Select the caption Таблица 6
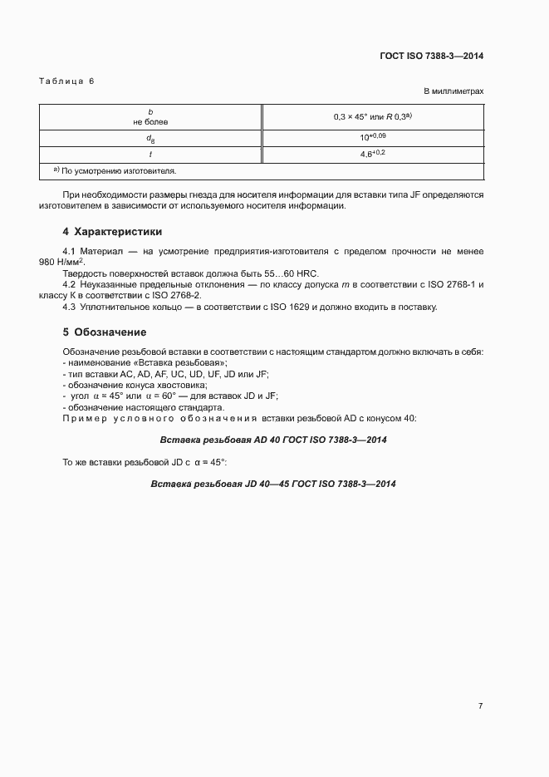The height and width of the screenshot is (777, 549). tap(67, 81)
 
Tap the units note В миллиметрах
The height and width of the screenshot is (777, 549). tap(453, 91)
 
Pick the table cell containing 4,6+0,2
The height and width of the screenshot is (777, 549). tap(372, 154)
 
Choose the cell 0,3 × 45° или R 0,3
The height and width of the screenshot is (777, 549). tap(372, 117)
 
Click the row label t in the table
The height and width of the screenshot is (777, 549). tap(150, 154)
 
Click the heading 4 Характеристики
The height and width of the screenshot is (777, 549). tap(112, 231)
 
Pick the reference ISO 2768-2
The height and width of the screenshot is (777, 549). tap(175, 295)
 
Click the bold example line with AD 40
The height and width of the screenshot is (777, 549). tap(273, 440)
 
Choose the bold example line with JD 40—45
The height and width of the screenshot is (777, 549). tap(273, 484)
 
